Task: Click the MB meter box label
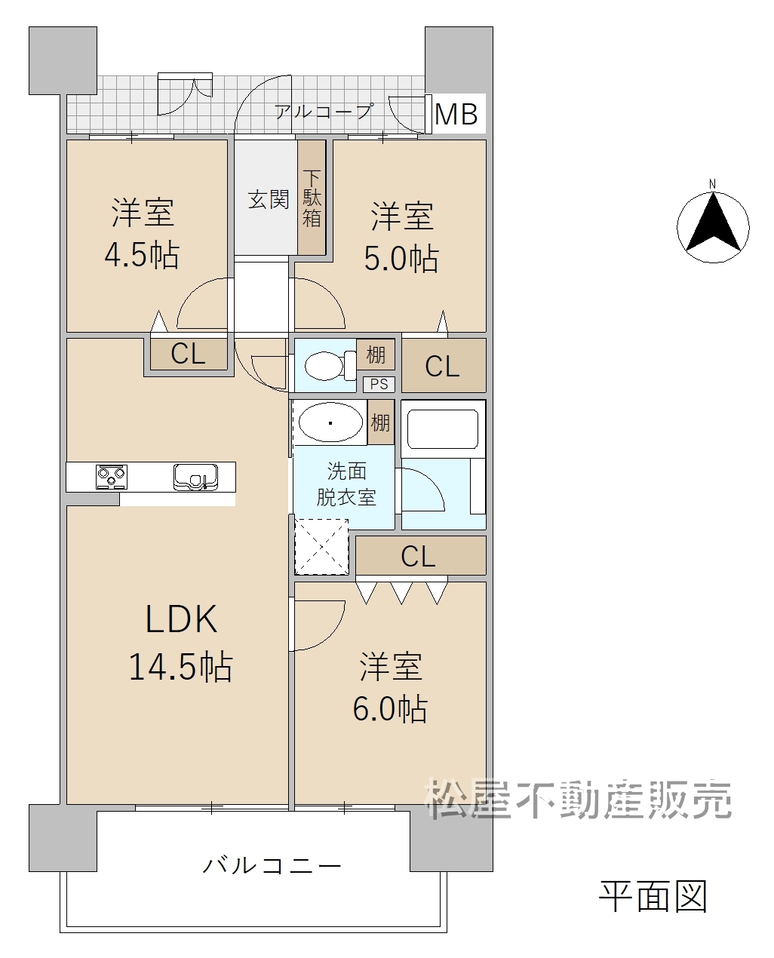(456, 114)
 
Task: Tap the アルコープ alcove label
(324, 111)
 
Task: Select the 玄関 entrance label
(269, 199)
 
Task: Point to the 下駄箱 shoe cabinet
(312, 198)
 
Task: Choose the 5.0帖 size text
(401, 258)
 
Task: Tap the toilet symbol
(330, 366)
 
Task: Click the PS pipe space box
(379, 384)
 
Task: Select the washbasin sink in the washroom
(330, 422)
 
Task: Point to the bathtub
(443, 428)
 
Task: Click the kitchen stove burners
(111, 477)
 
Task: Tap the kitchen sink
(195, 477)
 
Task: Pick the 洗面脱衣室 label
(346, 484)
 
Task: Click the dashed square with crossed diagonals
(321, 546)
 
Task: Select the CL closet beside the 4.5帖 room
(189, 354)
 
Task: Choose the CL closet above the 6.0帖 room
(420, 555)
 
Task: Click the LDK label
(181, 619)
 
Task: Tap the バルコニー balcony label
(272, 865)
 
